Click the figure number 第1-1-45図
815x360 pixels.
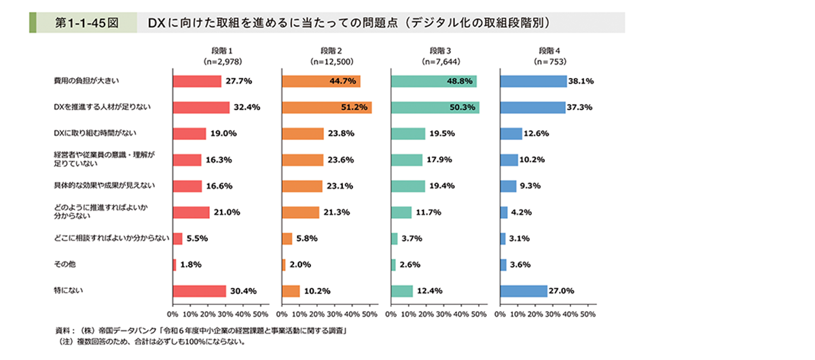point(85,22)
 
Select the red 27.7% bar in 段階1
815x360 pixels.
point(197,81)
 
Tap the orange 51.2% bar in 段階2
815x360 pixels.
point(327,107)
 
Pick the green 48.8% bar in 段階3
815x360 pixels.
point(434,81)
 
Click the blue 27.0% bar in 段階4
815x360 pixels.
point(524,291)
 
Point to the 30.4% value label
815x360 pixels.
point(243,291)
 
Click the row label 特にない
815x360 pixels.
point(65,291)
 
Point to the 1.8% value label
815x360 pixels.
point(191,265)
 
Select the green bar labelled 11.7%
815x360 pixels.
point(401,212)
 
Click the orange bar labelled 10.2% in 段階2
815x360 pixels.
point(291,291)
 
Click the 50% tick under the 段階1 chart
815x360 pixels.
point(261,314)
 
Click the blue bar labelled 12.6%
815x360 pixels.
point(511,133)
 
